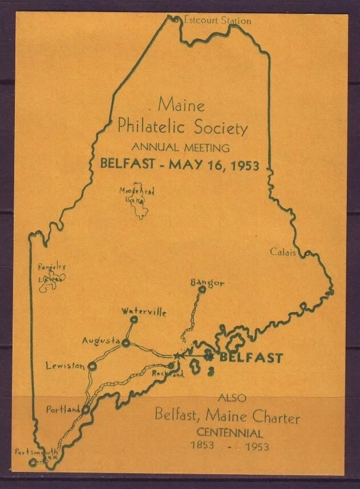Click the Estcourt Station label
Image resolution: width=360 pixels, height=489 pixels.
tap(217, 21)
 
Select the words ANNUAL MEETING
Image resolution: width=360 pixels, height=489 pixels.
tap(180, 148)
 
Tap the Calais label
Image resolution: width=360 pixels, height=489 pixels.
tap(283, 252)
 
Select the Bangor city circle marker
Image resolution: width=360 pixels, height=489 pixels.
tap(201, 289)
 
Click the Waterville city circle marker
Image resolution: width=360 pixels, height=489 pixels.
tap(134, 320)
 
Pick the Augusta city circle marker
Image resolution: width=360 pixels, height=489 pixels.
tap(126, 343)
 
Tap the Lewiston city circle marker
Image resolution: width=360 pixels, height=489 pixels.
tap(91, 366)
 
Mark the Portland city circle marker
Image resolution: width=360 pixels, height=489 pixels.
tap(86, 409)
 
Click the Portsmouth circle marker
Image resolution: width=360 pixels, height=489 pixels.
tap(33, 462)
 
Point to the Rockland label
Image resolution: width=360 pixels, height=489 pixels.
tap(168, 375)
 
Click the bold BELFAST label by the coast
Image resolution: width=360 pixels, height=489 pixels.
tap(251, 358)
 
